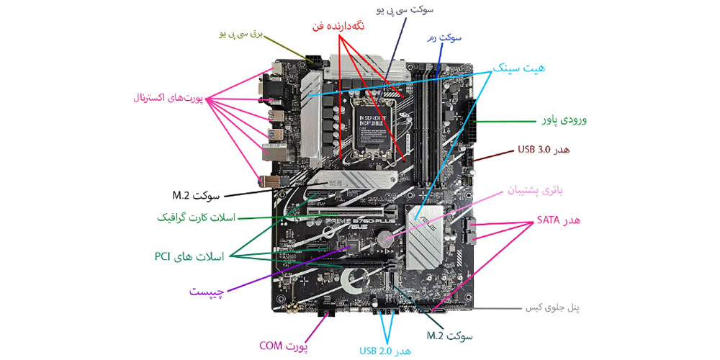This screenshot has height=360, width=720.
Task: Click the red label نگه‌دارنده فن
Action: coord(338,26)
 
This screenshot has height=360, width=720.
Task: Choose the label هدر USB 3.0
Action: coord(544,150)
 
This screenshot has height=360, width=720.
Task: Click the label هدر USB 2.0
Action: coord(386,351)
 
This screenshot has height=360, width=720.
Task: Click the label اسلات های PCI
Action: coord(189,256)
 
